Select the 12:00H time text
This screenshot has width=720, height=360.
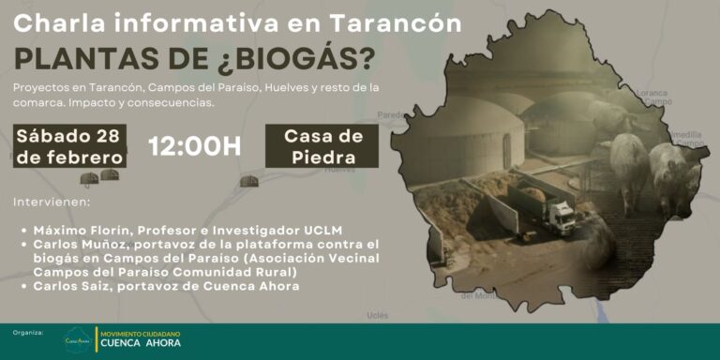(195, 145)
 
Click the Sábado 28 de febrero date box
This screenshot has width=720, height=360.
(70, 145)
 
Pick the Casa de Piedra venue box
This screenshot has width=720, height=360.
(322, 145)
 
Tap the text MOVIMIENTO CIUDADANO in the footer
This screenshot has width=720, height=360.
(141, 332)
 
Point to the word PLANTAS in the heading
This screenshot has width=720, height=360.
(80, 57)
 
